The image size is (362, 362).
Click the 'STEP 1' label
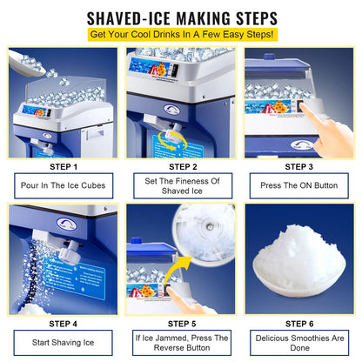(x=63, y=166)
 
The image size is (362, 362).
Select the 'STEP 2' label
(x=181, y=166)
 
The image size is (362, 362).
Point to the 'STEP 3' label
(x=298, y=166)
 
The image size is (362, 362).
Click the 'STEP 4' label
(x=63, y=323)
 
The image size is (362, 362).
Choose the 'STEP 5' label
(x=181, y=323)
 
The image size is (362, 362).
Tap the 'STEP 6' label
(x=298, y=323)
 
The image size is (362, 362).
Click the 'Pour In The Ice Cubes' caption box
(x=63, y=185)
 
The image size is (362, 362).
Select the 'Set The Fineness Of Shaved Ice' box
(x=181, y=185)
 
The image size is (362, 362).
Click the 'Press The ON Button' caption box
(x=298, y=185)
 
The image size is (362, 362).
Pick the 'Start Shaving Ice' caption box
(x=63, y=342)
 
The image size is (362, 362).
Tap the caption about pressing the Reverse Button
(x=181, y=342)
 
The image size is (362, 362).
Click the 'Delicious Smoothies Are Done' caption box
(x=298, y=342)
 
